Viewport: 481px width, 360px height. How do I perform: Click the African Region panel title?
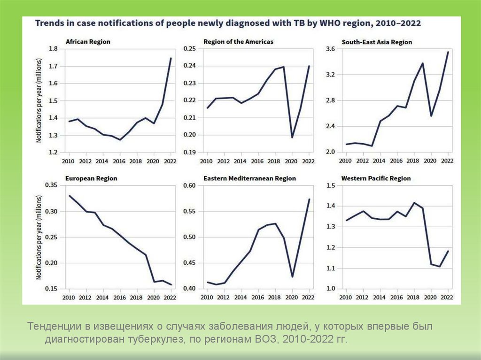tap(88, 42)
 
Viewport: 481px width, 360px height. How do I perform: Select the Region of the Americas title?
tap(238, 42)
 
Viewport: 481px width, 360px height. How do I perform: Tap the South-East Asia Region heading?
tap(377, 42)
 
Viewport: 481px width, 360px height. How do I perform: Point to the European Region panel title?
tap(91, 178)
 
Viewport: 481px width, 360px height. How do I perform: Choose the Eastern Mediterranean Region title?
tap(249, 178)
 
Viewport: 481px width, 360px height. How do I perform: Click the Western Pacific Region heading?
tap(376, 178)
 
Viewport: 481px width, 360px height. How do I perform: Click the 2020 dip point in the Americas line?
tap(292, 137)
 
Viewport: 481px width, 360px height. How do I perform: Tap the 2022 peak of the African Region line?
tap(171, 58)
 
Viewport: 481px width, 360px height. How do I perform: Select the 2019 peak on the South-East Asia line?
tap(423, 63)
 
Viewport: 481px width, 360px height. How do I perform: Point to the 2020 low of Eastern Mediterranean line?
tap(292, 277)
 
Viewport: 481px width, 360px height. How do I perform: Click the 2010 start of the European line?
tap(69, 196)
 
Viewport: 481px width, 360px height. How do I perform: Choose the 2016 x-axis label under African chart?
tap(120, 161)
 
